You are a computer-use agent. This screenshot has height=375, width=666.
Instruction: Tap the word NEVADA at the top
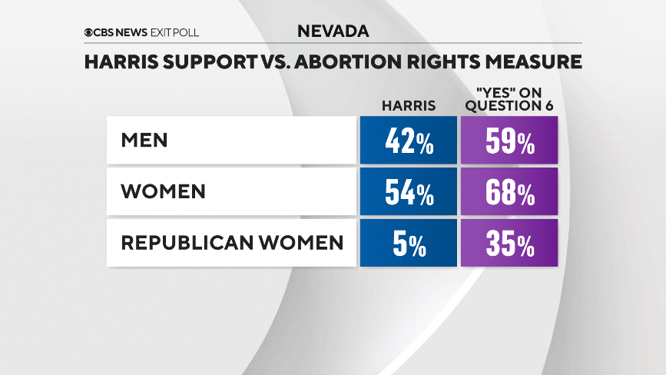[333, 32]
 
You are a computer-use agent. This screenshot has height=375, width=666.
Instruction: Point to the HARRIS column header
[409, 106]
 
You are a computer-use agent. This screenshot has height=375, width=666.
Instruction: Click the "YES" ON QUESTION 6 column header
[509, 100]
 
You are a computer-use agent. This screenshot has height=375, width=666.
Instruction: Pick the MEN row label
[144, 141]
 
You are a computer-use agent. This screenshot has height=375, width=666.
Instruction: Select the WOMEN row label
[163, 191]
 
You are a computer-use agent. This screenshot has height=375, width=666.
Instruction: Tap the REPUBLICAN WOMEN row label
[232, 243]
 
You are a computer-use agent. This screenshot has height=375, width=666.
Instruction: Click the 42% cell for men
[409, 141]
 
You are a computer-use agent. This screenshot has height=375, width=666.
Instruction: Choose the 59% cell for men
[509, 141]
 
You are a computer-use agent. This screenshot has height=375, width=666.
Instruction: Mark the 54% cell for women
[409, 192]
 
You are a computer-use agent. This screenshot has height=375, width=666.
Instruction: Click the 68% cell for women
[509, 192]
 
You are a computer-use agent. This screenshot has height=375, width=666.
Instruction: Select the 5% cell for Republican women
[409, 243]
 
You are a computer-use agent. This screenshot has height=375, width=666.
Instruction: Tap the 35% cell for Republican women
[509, 243]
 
